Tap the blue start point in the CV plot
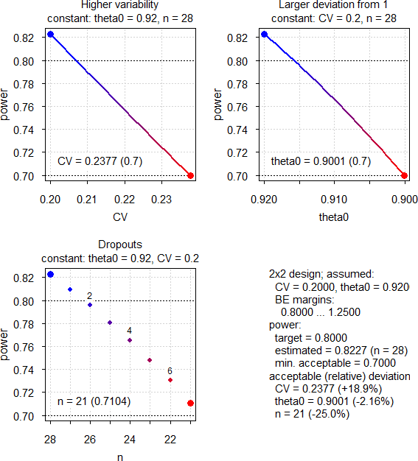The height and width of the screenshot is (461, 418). (x=50, y=34)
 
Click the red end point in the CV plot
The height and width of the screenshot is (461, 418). (x=191, y=175)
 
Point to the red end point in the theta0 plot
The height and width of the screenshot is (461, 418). (x=405, y=175)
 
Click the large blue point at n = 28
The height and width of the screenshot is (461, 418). (x=50, y=274)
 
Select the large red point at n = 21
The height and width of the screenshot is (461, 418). (x=191, y=403)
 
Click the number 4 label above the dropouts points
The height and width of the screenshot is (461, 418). (x=130, y=331)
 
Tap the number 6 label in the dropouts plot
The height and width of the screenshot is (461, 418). (x=170, y=371)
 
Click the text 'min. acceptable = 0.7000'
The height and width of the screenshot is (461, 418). (x=335, y=362)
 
